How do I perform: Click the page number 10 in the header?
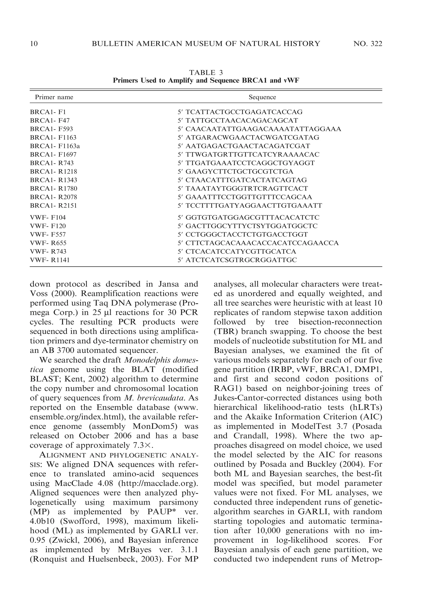pyautogui.click(x=34, y=44)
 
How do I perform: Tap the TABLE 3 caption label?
pyautogui.click(x=206, y=73)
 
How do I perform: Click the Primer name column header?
pyautogui.click(x=54, y=97)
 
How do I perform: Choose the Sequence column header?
pyautogui.click(x=262, y=97)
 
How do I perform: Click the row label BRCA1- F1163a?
pyautogui.click(x=55, y=146)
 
